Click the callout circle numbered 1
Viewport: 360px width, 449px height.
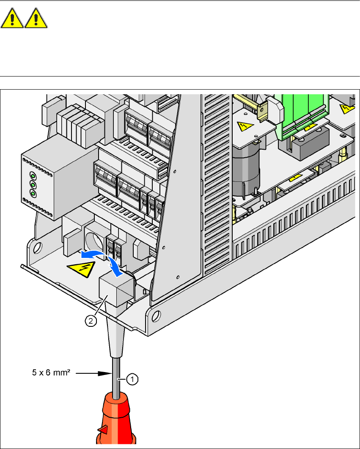tap(132, 380)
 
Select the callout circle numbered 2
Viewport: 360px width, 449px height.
tap(90, 321)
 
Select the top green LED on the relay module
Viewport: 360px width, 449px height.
tap(32, 175)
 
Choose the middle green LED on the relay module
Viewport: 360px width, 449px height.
tap(32, 185)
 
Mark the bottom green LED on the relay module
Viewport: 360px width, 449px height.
tap(32, 194)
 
